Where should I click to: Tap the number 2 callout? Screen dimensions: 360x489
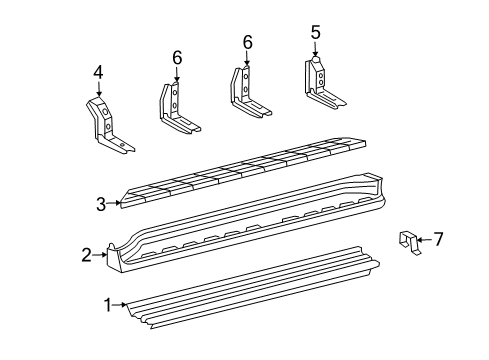(87, 255)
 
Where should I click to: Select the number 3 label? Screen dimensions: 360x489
(101, 204)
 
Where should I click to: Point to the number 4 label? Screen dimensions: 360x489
(98, 71)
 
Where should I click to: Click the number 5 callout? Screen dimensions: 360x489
(315, 32)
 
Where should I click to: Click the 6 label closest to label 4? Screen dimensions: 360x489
(177, 59)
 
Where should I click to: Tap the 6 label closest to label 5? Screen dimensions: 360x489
(247, 42)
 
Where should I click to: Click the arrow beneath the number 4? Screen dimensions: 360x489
(98, 88)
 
